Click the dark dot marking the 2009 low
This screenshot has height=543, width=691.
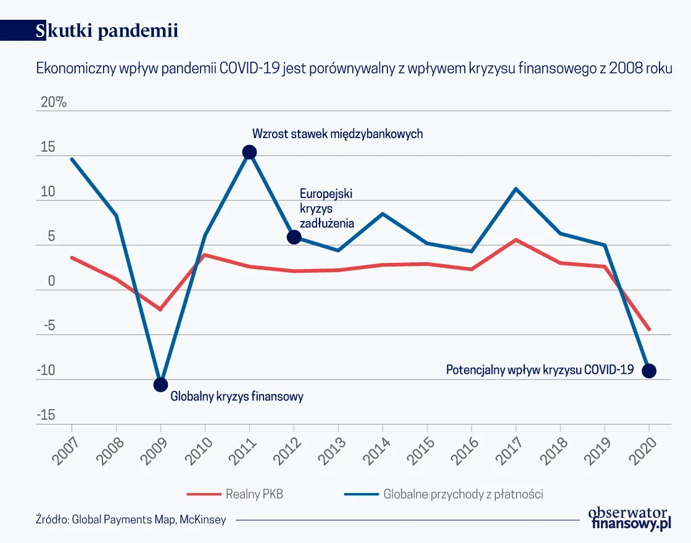click(160, 384)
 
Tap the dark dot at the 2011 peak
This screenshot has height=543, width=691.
click(249, 152)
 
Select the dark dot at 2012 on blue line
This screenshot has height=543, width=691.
click(294, 237)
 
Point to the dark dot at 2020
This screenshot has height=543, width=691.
click(648, 371)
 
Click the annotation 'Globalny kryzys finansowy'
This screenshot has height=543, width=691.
click(236, 397)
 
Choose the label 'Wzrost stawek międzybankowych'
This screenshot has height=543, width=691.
click(337, 134)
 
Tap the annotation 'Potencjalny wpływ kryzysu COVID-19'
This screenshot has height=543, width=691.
click(540, 370)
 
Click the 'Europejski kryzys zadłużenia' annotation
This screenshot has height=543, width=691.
click(326, 209)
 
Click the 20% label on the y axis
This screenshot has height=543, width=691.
click(53, 102)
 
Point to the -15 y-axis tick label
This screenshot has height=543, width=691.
click(46, 415)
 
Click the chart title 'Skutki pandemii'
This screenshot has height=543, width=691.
click(107, 31)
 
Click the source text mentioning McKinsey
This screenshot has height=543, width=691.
click(131, 520)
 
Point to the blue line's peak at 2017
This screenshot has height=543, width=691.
click(516, 189)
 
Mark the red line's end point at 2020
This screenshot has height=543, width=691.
click(648, 329)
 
